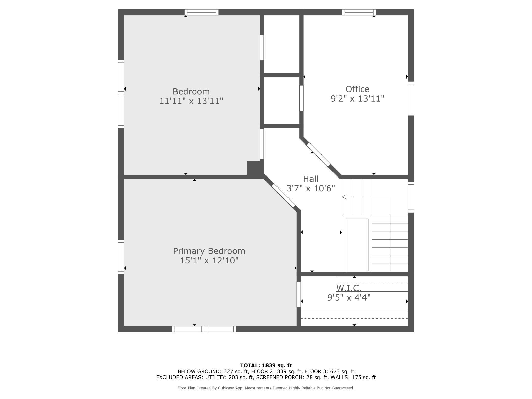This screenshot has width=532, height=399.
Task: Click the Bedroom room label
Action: (191, 92)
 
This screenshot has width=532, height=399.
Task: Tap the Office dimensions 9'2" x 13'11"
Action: (358, 98)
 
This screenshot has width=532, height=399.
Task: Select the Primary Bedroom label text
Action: (209, 251)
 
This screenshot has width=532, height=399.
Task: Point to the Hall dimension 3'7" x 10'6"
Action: (311, 189)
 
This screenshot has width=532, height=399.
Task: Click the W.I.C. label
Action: (349, 288)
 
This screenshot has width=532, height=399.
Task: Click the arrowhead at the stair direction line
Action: (344, 197)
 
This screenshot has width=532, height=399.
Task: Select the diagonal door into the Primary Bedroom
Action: (283, 196)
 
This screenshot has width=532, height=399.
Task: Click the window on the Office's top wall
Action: (359, 12)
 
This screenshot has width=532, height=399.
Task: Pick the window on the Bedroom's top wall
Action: (202, 12)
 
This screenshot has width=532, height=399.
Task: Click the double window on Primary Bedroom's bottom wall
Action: (204, 329)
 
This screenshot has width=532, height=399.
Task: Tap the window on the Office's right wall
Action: (411, 98)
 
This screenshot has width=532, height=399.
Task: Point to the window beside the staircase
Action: (411, 197)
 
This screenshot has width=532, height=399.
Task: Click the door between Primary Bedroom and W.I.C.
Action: (298, 294)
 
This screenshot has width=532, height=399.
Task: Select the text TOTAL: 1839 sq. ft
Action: (266, 365)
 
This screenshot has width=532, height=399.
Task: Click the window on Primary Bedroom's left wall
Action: (121, 257)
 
